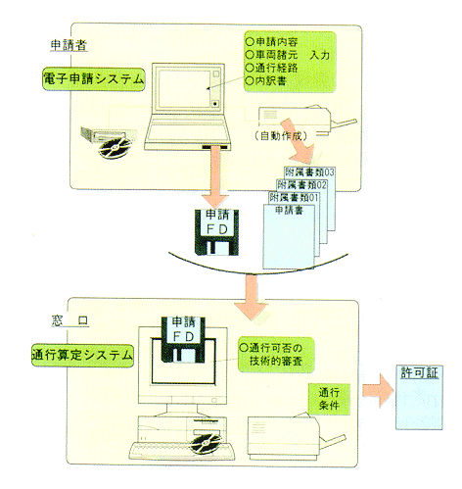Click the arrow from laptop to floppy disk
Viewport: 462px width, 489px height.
(211, 174)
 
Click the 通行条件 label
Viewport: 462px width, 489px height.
(326, 398)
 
